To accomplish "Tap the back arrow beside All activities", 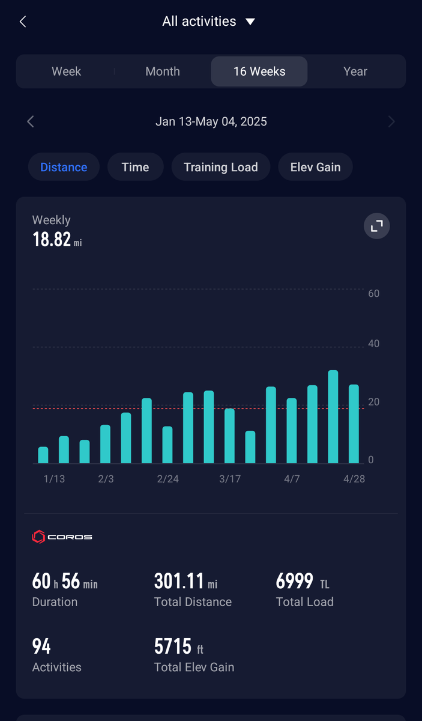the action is [x=23, y=22].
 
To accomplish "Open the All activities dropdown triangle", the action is [x=250, y=22].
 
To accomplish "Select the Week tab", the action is [x=66, y=71].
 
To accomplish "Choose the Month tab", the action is [x=163, y=71].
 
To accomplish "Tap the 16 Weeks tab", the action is [x=259, y=71].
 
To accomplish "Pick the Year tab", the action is [x=355, y=71].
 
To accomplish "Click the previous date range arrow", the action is [x=31, y=121].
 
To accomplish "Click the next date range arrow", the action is [x=391, y=121].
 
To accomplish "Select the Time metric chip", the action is [x=136, y=167].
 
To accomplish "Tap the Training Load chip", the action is [x=221, y=167].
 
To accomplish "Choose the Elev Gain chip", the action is [x=315, y=167].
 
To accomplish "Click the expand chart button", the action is [x=376, y=226].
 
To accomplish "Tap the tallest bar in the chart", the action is [x=333, y=417].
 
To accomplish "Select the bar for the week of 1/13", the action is [x=43, y=455].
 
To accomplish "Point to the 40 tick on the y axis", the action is [x=374, y=344].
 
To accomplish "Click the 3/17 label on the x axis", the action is [x=230, y=479].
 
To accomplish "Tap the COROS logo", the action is [x=62, y=537].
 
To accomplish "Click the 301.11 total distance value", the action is [x=179, y=582].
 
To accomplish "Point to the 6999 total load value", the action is [x=294, y=582].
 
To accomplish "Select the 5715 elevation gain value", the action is [x=173, y=646].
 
